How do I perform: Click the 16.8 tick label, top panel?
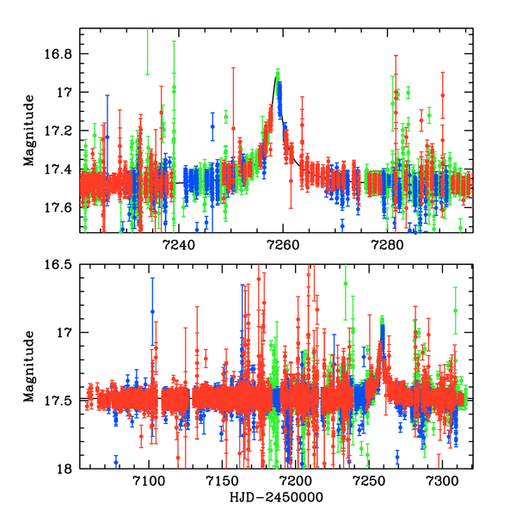[x=60, y=54]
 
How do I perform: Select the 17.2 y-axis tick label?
[x=60, y=131]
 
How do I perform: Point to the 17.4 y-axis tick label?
[x=60, y=169]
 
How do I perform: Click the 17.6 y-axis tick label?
[x=60, y=207]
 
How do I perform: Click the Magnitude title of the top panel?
[x=29, y=131]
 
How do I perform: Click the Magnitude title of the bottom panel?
[x=29, y=366]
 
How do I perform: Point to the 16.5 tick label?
[x=60, y=265]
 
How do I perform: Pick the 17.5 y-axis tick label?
[x=60, y=400]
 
